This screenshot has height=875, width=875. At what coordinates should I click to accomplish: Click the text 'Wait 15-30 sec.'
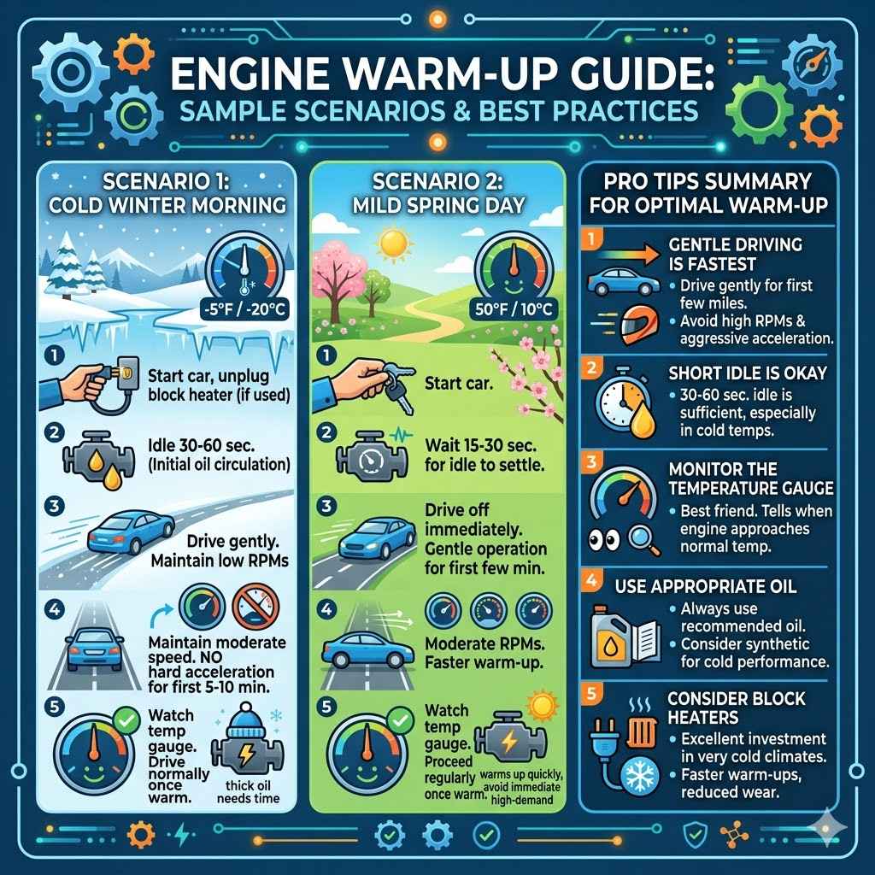479,445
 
